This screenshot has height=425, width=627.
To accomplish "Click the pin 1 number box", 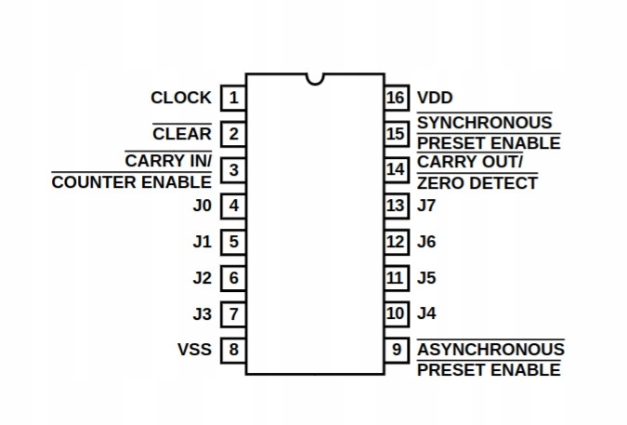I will tap(233, 97).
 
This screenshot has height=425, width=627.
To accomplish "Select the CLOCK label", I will tap(181, 97).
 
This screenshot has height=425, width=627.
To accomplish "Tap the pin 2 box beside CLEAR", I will tap(233, 134).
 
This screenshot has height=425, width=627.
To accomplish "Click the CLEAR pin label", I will tap(182, 134).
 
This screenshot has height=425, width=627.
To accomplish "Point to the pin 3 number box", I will tap(233, 170).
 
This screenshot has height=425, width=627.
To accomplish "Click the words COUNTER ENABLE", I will tap(132, 182).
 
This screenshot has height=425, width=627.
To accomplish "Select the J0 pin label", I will tap(202, 206).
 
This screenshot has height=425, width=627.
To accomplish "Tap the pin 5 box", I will tap(233, 242).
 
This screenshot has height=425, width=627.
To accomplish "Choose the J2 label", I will tap(202, 278).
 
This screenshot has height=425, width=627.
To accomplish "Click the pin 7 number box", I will tap(233, 314).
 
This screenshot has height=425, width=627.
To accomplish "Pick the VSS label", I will tap(194, 351).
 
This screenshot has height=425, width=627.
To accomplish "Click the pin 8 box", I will tap(233, 351).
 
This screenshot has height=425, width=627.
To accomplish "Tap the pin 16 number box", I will tap(397, 97).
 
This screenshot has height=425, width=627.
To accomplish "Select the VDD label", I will tap(436, 97).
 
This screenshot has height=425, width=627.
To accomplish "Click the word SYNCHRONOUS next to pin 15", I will tap(484, 123).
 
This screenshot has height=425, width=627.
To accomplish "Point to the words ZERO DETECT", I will tap(477, 182).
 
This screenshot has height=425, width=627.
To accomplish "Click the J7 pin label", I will tap(427, 206).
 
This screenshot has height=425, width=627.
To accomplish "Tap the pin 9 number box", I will tap(397, 351).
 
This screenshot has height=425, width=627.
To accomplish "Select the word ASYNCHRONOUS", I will tap(490, 350).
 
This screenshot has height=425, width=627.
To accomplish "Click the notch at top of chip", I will tap(316, 78).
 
